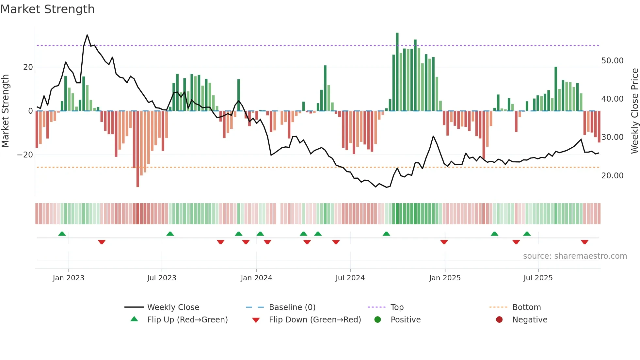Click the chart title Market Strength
click(48, 9)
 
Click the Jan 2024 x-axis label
click(256, 278)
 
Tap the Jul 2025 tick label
click(538, 278)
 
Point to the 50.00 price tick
click(612, 61)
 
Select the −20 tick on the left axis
click(25, 155)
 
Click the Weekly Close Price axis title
click(634, 111)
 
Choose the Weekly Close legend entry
click(173, 307)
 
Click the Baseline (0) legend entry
click(292, 307)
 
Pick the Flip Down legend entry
click(314, 320)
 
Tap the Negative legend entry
click(529, 320)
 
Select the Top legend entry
click(397, 307)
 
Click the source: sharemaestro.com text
click(575, 256)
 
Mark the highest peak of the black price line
click(87, 35)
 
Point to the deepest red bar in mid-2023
click(138, 186)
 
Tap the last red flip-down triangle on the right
click(584, 242)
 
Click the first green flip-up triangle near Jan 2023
click(62, 234)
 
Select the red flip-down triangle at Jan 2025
click(444, 242)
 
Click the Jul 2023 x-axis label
click(162, 278)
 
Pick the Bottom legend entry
click(526, 307)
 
